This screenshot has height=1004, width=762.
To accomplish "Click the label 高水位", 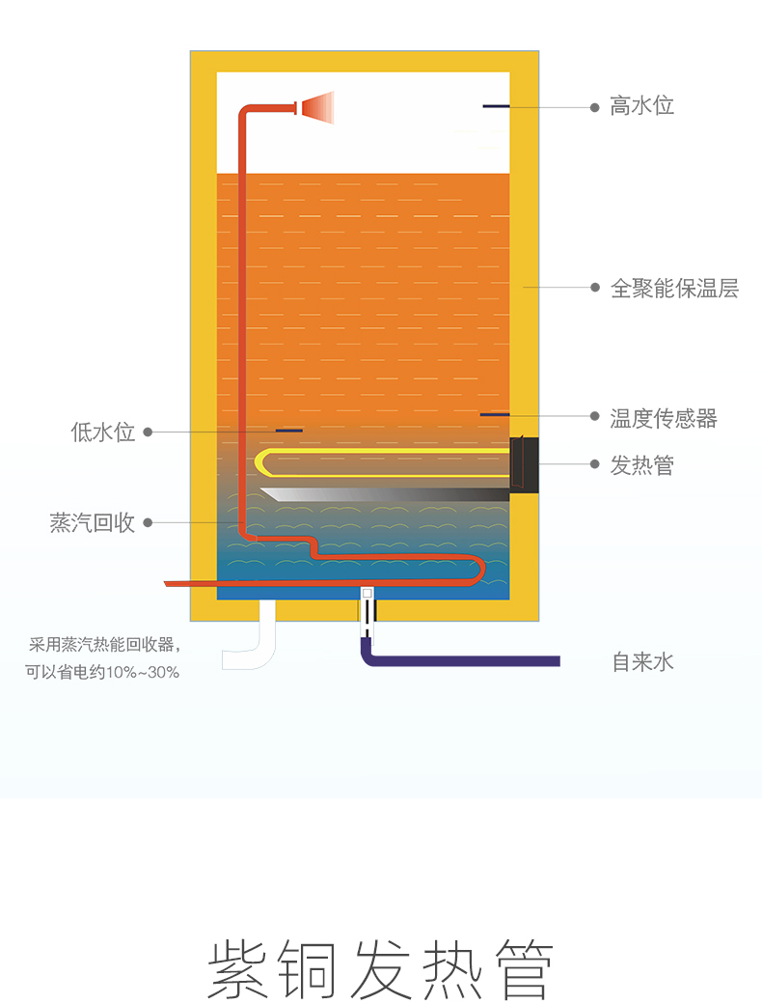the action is click(641, 105).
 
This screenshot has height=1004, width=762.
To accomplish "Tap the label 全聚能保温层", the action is click(674, 288).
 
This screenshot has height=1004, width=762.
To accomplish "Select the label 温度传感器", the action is click(664, 419).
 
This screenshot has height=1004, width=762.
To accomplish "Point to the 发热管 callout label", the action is click(641, 465).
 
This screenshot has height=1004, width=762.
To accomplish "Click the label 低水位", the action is click(103, 432).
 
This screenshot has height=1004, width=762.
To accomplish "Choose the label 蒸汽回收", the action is click(93, 522).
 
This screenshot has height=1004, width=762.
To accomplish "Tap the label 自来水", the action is click(643, 661).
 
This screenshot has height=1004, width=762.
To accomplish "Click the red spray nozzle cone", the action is click(318, 107).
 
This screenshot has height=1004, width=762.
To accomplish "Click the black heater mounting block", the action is click(524, 465).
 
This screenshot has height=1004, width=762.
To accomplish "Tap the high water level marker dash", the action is click(496, 106).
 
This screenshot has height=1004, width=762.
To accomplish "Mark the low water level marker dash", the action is click(289, 431).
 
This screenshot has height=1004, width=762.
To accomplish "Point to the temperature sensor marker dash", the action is click(495, 415).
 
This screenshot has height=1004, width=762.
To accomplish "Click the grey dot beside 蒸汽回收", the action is click(148, 522).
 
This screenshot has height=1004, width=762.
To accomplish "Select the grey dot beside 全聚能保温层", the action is click(595, 288).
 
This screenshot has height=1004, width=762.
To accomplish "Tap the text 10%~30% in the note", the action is click(142, 672).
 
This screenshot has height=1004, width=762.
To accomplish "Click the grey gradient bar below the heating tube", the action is click(385, 494).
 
